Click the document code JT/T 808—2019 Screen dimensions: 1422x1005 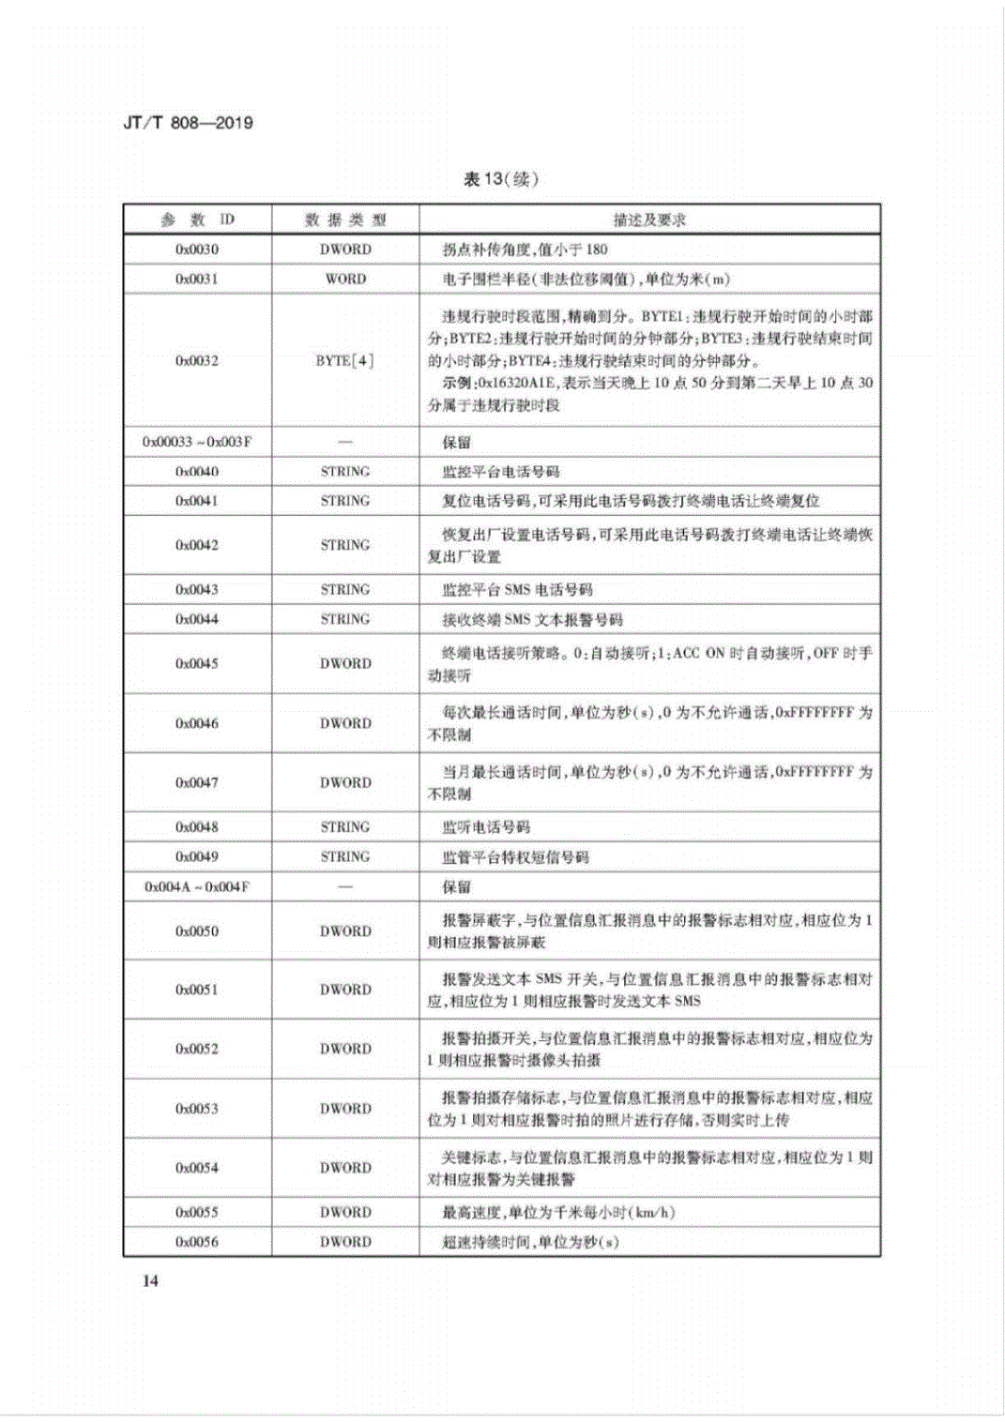click(188, 123)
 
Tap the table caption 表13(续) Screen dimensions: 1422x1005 click(501, 179)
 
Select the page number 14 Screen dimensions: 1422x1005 click(150, 1281)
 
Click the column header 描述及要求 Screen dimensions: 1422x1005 click(649, 220)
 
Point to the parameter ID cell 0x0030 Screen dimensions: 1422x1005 click(197, 250)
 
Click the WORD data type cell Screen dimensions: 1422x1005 click(345, 279)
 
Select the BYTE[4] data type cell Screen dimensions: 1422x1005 click(345, 360)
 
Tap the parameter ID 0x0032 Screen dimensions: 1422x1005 click(197, 360)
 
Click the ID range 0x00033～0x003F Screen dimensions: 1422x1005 click(197, 442)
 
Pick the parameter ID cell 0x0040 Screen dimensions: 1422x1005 click(197, 471)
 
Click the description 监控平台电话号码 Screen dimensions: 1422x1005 click(501, 472)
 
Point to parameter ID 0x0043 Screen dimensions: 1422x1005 click(197, 589)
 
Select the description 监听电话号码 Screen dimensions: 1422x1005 click(486, 827)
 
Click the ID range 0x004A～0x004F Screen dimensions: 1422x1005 click(197, 886)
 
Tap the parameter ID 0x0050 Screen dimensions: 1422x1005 click(197, 931)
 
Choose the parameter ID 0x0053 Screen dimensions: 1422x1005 click(197, 1109)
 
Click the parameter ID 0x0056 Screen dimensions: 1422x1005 click(197, 1242)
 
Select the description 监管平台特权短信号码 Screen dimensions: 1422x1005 click(515, 857)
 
